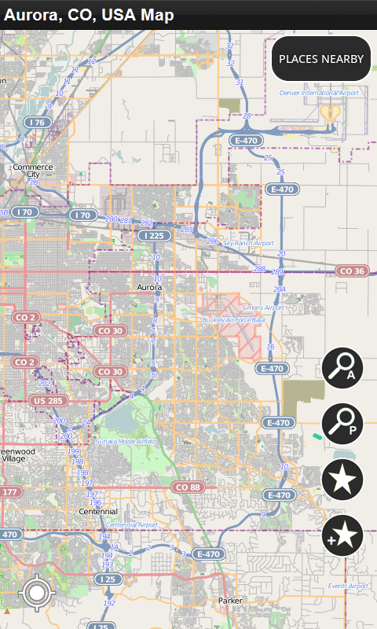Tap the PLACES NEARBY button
pos(321,59)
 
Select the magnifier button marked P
pos(342,425)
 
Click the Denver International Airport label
pos(319,93)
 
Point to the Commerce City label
pos(32,171)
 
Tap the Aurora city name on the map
pos(149,288)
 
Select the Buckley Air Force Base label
pos(234,320)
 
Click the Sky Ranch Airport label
pos(248,244)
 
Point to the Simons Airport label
pos(262,307)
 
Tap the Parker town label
pos(232,600)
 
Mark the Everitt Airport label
pos(348,586)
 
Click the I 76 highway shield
pos(36,123)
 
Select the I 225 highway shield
pos(154,235)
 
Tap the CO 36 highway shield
pos(350,271)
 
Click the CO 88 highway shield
pos(188,487)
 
